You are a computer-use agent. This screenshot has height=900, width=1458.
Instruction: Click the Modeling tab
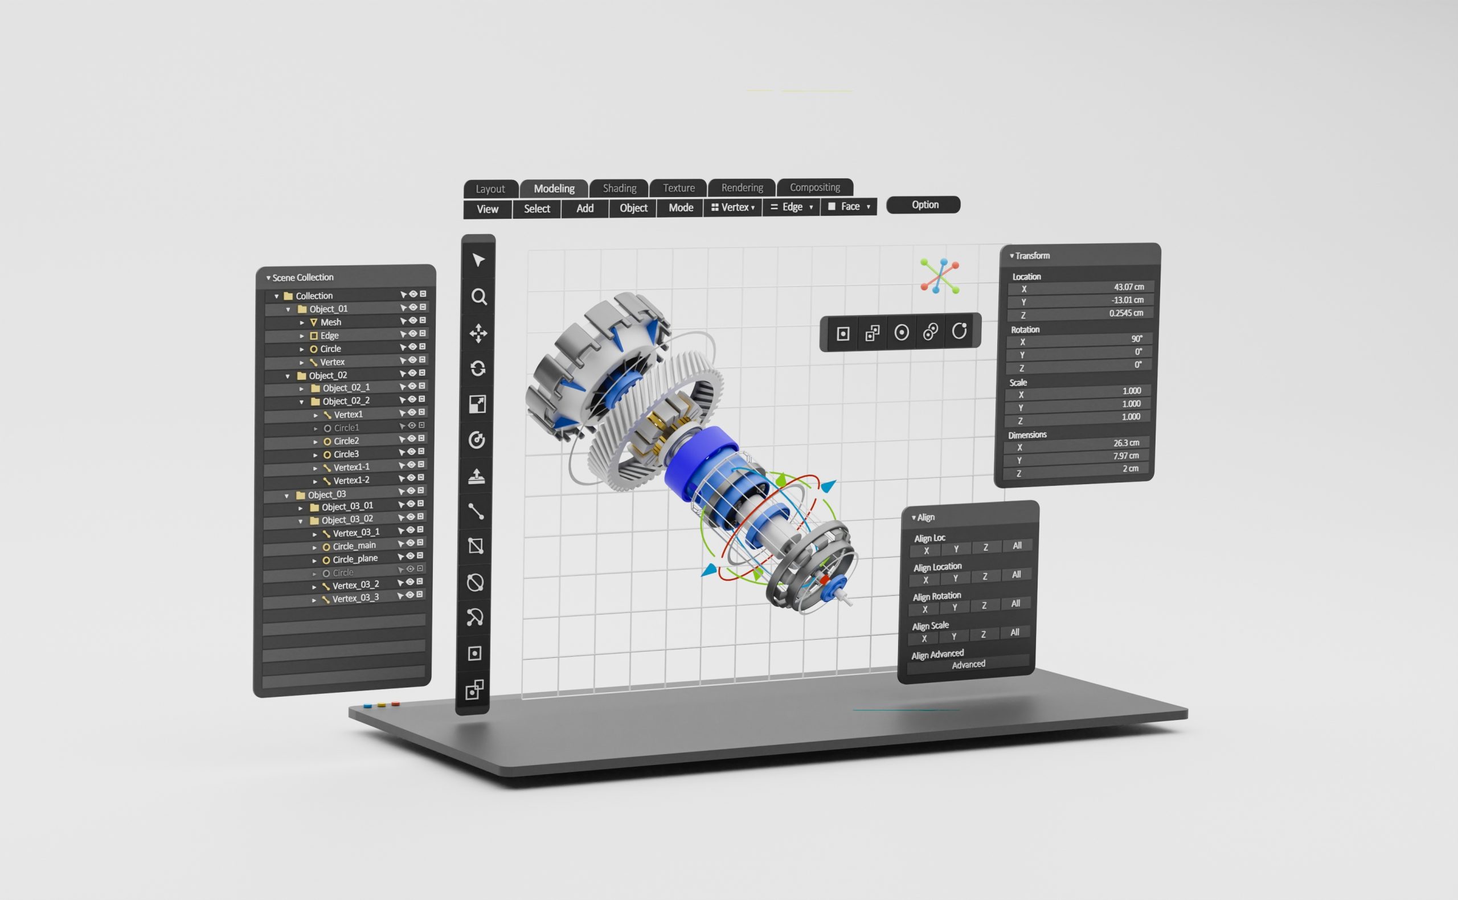(x=554, y=189)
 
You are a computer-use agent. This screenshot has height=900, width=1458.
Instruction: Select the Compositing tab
(x=814, y=187)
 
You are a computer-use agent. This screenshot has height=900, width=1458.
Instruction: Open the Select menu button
(x=536, y=209)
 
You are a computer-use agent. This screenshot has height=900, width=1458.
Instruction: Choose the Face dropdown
(x=849, y=207)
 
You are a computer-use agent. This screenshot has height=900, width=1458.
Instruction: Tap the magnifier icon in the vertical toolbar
(x=479, y=296)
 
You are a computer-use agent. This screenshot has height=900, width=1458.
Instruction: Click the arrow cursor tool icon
(x=478, y=260)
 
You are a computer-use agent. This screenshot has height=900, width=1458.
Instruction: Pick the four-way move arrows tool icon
(x=478, y=333)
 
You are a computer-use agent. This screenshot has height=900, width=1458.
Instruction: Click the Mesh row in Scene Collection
(x=331, y=322)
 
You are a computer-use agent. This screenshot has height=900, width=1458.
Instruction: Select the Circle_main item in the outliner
(x=354, y=546)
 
